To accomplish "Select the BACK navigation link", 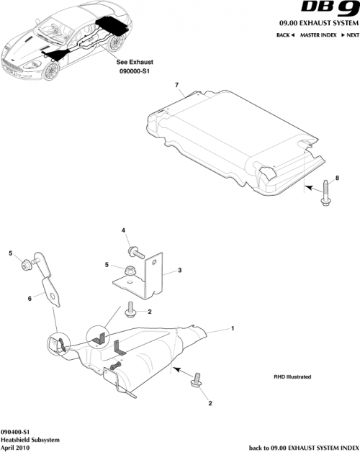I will tap(284, 35).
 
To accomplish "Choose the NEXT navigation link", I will tap(348, 35).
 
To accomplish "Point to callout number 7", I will tap(176, 86).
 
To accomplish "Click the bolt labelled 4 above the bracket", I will tap(134, 251).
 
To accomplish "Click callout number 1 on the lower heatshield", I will tap(232, 328).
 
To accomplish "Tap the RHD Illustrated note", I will tap(293, 375).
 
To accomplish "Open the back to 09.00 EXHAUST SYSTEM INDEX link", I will tap(303, 446).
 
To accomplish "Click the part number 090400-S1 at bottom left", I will tap(16, 430).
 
